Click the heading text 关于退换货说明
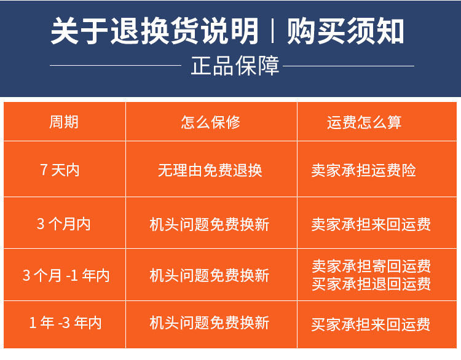pos(154,31)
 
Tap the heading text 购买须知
pos(345,31)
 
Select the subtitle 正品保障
pos(235,66)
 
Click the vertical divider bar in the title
pos(272,31)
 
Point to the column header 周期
pos(64,122)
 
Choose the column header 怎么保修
pos(210,122)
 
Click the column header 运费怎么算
pos(364,122)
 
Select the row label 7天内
pos(60,170)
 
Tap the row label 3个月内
pos(63,224)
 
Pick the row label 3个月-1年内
pos(66,275)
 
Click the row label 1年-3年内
pos(65,323)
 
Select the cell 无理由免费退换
pos(210,170)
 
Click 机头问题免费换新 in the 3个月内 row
pos(210,224)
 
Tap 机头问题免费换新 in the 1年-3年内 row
pos(210,323)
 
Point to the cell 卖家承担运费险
pos(364,170)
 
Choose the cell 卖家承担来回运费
pos(371,224)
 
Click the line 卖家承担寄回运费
pos(371,266)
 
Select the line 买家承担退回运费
pos(371,284)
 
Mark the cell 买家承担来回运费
pos(371,324)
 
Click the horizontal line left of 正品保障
pos(116,65)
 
